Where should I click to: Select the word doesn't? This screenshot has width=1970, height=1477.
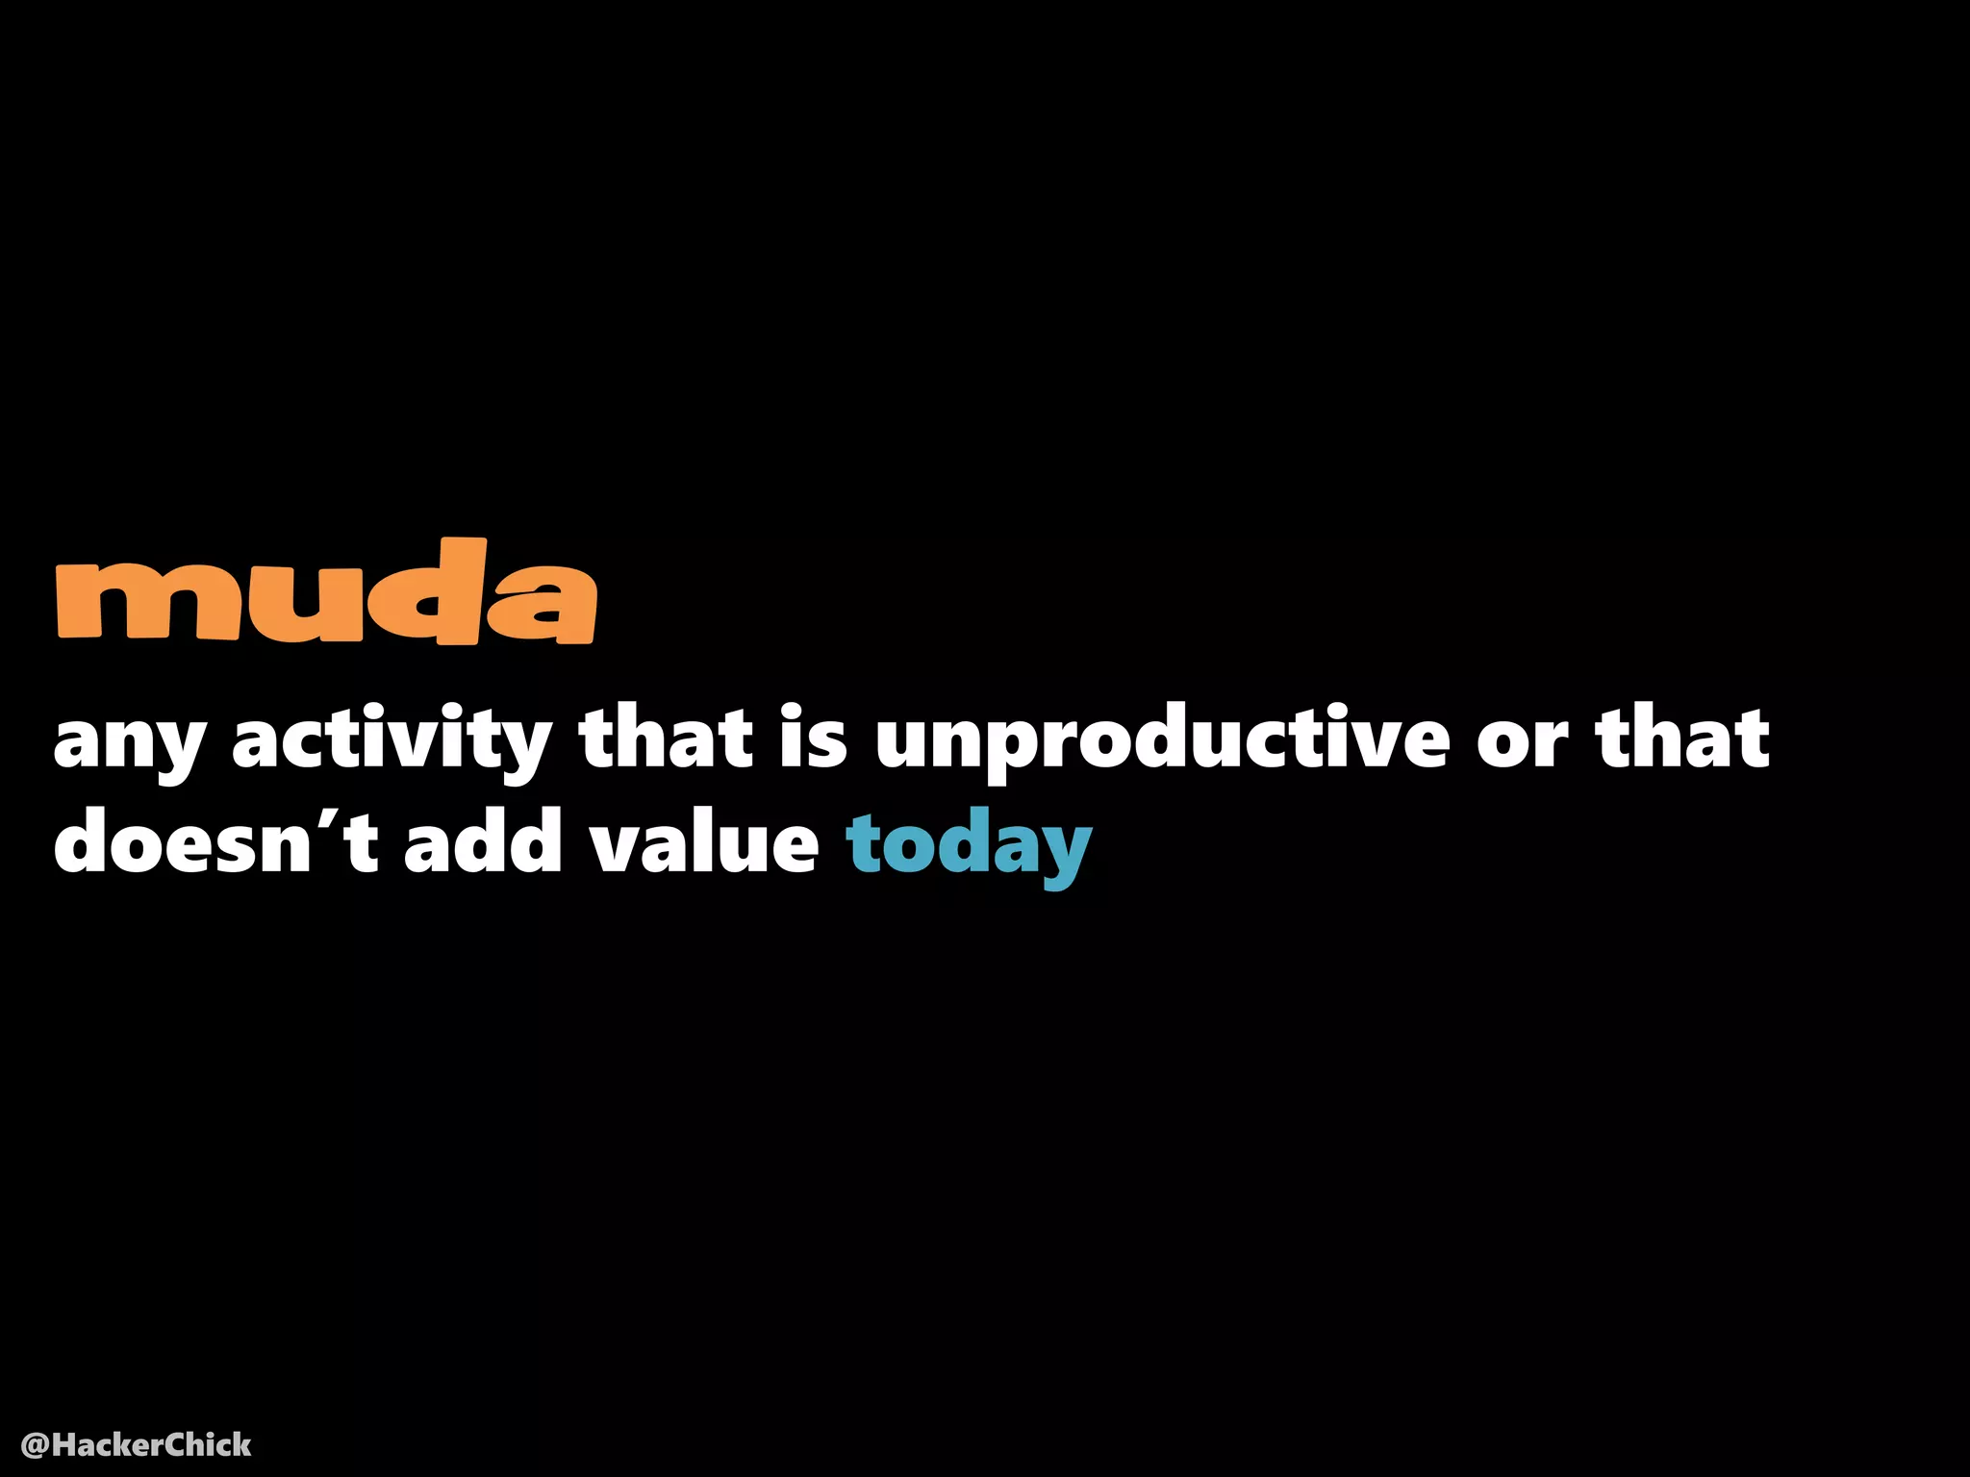click(x=215, y=840)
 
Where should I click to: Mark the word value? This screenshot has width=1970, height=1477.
click(x=703, y=840)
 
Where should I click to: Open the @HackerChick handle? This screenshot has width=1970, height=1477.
click(x=136, y=1444)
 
